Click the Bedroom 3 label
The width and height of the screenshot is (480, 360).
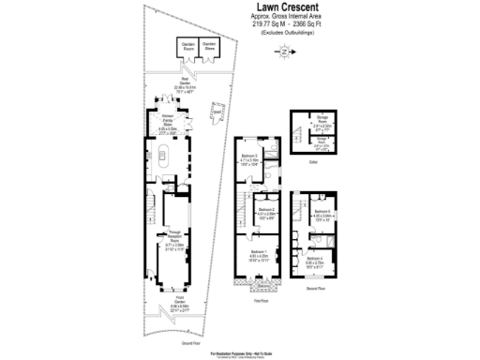click(249, 159)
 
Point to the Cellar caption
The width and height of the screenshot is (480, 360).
click(312, 161)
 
